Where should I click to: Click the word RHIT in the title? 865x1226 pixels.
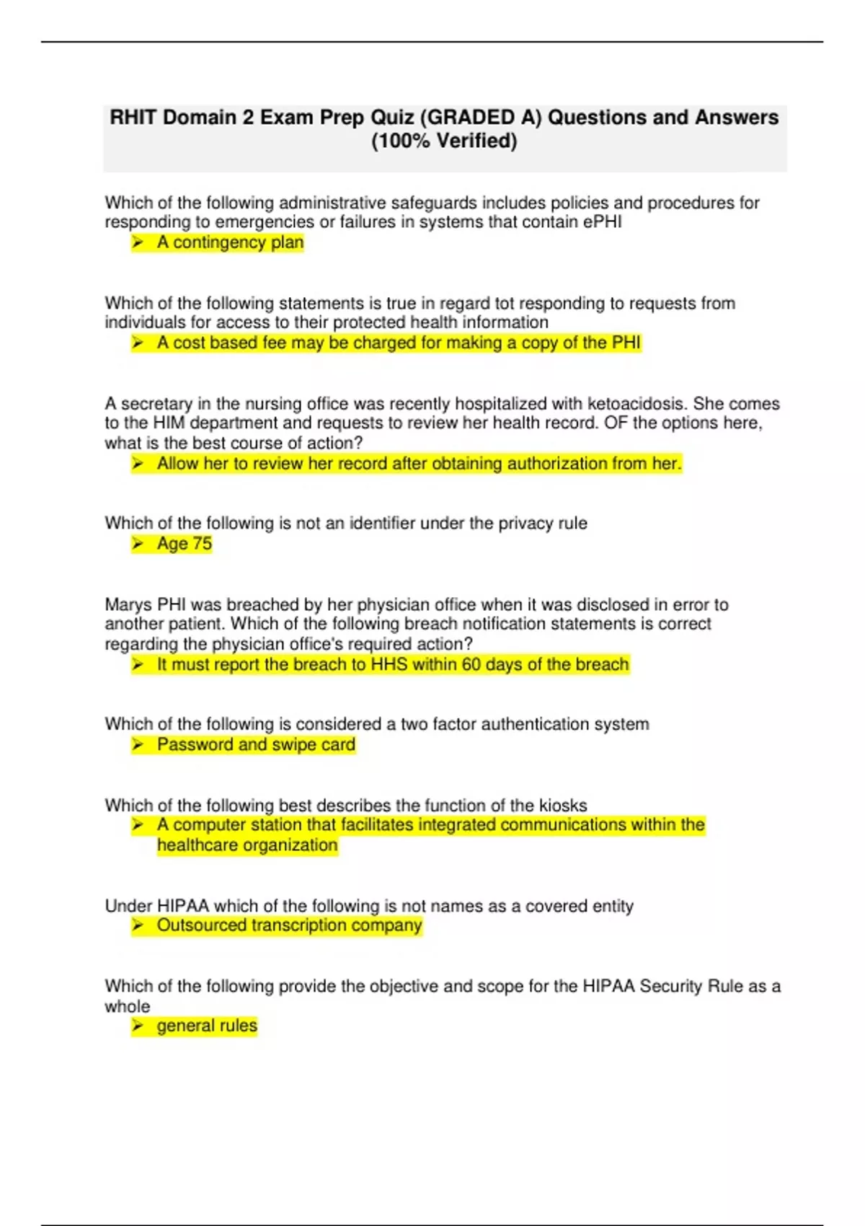133,118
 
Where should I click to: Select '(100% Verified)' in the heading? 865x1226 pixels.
444,141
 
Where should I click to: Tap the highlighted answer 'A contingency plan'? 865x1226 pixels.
230,242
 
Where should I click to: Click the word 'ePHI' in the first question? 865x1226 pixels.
602,222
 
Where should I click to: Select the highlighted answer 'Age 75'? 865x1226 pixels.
185,544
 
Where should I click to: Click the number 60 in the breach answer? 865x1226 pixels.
471,664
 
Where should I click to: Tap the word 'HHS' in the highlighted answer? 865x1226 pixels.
389,664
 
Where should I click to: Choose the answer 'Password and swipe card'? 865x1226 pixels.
256,744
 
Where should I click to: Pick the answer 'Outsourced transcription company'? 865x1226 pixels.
289,925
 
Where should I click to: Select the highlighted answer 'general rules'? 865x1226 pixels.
207,1026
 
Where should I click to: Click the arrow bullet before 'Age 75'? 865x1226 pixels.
138,544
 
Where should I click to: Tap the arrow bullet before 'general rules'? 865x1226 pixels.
138,1026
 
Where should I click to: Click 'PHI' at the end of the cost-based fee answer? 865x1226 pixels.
626,343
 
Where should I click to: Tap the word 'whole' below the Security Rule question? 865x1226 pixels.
128,1006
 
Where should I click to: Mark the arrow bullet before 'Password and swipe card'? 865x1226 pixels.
138,744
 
